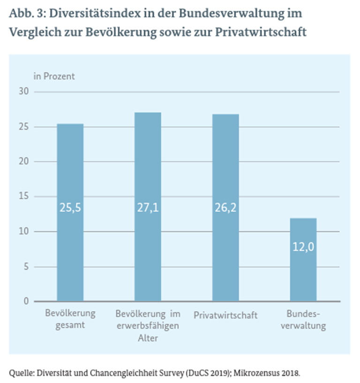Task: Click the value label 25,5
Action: (x=70, y=207)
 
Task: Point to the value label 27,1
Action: (x=148, y=207)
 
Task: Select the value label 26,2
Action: (x=225, y=207)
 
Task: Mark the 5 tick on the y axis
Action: (x=27, y=266)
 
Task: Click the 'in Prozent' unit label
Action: (x=54, y=76)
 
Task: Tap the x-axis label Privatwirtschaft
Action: (x=225, y=315)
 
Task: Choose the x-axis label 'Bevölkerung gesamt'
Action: (x=70, y=319)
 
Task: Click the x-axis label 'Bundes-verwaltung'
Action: (x=303, y=319)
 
